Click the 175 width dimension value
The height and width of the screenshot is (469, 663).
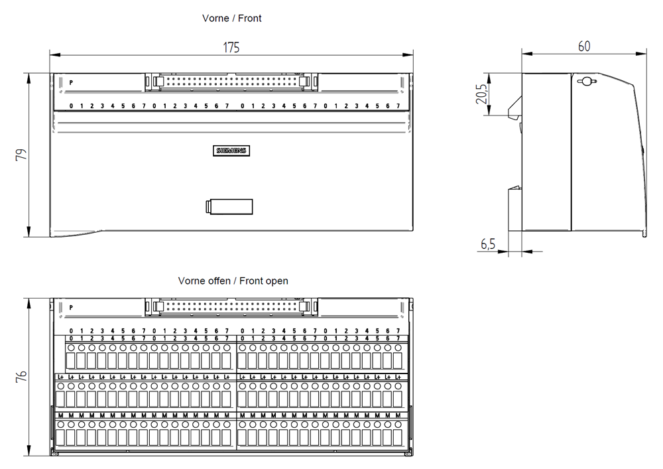point(231,47)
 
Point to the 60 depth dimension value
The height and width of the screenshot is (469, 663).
point(584,46)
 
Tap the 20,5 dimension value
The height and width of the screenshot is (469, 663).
point(483,95)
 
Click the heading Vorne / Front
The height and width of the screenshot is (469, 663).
point(232,19)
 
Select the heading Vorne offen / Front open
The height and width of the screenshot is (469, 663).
point(233,281)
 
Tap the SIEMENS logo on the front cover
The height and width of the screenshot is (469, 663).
point(231,151)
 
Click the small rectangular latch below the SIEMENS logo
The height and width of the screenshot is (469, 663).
point(229,206)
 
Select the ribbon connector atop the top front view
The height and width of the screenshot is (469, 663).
point(231,82)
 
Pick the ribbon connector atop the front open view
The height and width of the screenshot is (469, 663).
point(231,306)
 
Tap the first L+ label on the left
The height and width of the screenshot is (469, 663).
point(60,377)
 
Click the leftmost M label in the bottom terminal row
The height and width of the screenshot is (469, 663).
point(60,416)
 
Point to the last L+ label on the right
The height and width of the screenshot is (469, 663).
point(398,377)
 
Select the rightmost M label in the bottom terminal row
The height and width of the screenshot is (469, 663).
point(398,416)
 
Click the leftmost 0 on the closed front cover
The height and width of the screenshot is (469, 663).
point(71,106)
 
